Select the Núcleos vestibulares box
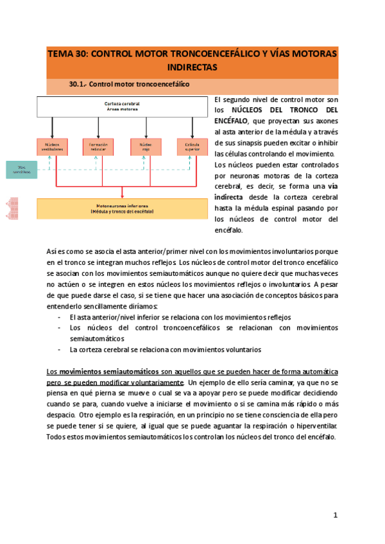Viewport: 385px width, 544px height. (53, 147)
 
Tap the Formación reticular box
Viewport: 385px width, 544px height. (98, 147)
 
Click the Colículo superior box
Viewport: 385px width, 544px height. (192, 147)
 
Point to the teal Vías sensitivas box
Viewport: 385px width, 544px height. (21, 169)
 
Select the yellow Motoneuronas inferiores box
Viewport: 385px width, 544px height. (122, 208)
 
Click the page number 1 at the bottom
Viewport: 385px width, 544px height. (335, 515)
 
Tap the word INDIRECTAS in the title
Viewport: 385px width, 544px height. (193, 67)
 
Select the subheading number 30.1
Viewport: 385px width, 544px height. (78, 85)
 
